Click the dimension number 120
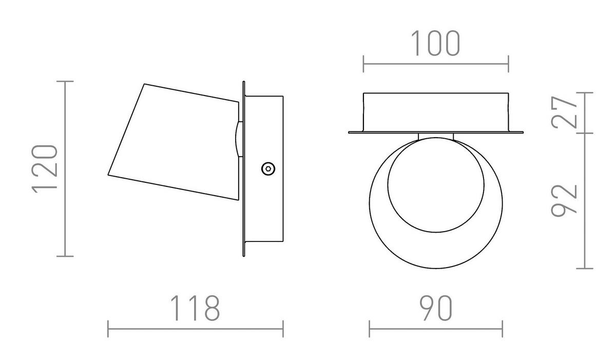coord(45,169)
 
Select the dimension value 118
coord(195,308)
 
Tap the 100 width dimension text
coord(436,43)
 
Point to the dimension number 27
coord(564,112)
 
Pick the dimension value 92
coord(564,200)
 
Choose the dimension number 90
coord(436,308)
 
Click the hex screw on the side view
coord(268,168)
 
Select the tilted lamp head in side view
coord(174,142)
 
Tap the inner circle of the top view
coord(436,233)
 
